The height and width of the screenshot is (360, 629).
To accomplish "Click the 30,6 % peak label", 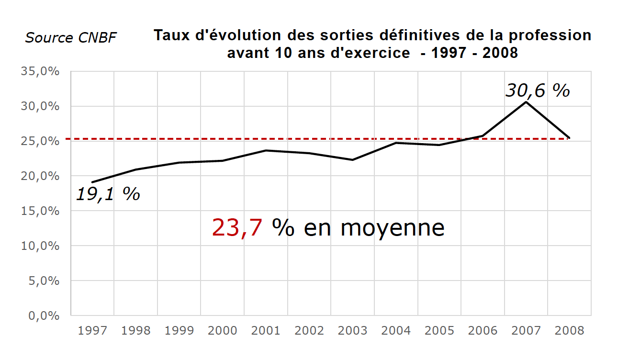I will coord(538,90).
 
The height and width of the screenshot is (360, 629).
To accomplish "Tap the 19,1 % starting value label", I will coord(108,194).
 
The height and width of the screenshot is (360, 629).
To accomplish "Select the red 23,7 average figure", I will coord(237,228).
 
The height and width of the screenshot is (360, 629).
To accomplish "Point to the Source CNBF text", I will coord(70,38).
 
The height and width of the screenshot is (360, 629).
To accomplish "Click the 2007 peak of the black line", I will coord(526,102).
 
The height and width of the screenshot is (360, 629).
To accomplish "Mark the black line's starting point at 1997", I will coord(92,182).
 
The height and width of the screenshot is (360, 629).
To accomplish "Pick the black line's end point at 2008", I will coord(569,138).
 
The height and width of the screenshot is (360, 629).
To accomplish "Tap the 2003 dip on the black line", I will coord(352,160).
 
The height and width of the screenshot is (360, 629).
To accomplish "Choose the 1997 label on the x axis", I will coord(92,330).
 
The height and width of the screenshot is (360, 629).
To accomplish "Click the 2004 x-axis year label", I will coord(396,330).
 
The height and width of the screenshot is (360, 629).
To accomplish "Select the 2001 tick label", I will coord(266,330).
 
